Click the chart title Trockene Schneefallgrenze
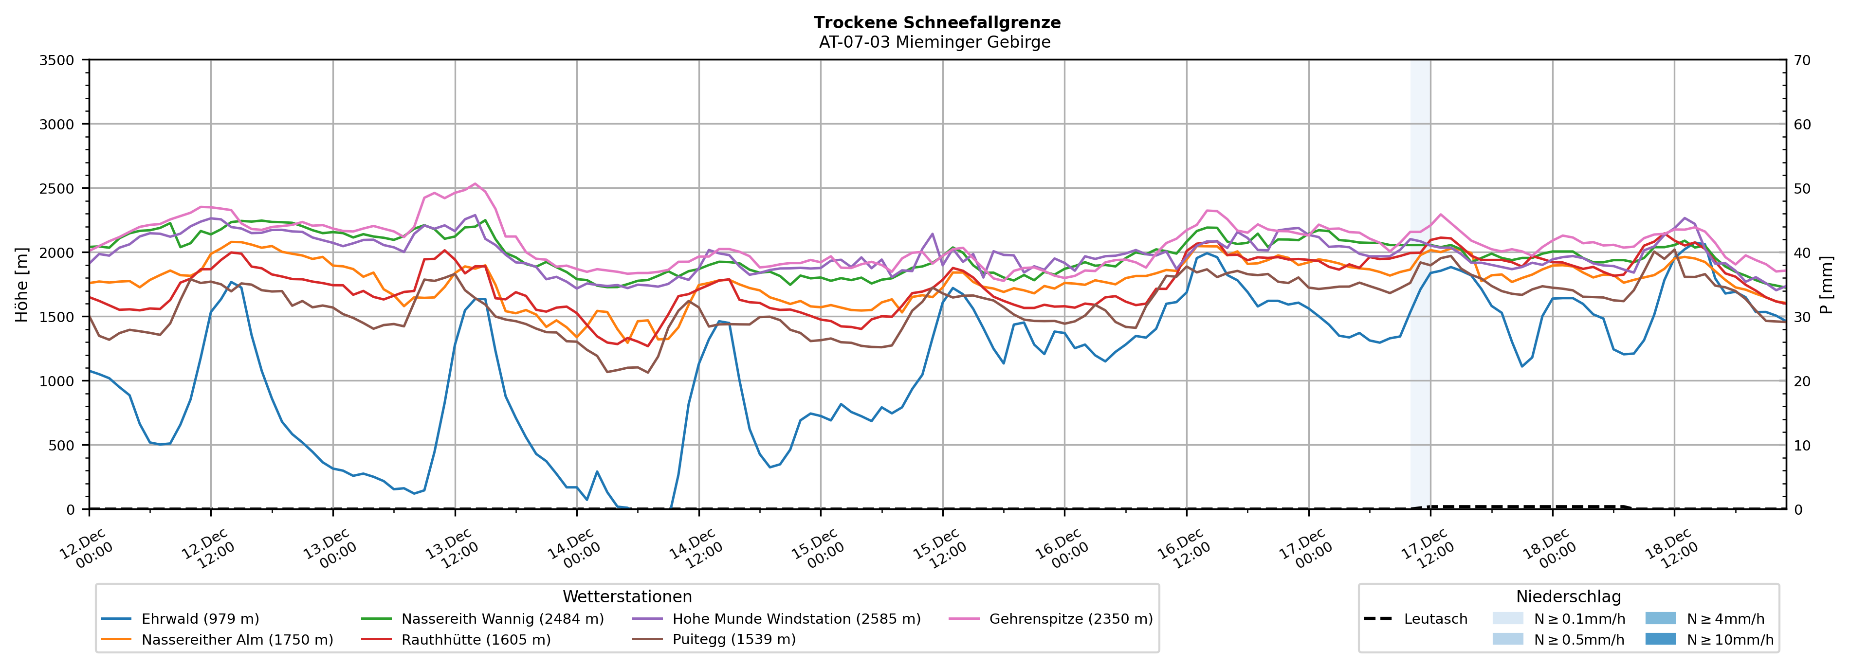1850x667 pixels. coord(936,22)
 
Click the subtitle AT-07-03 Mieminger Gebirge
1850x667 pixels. coord(934,42)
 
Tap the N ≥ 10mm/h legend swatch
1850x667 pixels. coord(1660,639)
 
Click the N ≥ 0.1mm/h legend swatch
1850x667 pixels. coord(1507,618)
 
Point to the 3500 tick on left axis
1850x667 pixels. coord(57,60)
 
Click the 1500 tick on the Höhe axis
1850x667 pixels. coord(57,317)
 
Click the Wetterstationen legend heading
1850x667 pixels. coord(627,596)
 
